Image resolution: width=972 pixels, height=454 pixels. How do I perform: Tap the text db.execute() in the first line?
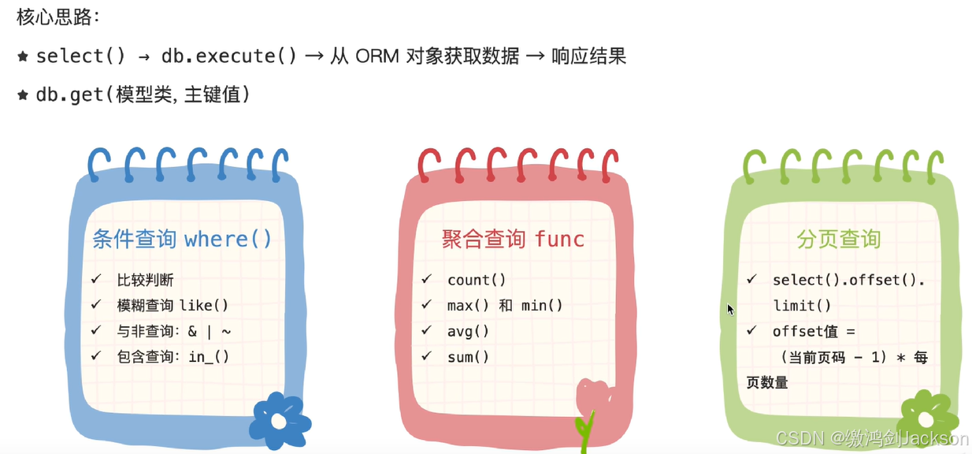228,56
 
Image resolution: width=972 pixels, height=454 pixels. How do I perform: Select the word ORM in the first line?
377,56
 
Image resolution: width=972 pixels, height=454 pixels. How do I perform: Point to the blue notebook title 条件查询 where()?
182,239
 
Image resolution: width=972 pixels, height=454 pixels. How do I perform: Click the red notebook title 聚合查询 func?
513,239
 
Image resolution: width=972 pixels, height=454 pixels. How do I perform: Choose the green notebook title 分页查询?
838,239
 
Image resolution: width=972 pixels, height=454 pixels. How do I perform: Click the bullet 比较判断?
145,280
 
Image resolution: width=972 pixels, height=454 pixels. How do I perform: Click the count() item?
477,280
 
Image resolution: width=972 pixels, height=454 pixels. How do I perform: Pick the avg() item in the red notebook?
468,331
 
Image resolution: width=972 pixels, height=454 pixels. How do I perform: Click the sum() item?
468,357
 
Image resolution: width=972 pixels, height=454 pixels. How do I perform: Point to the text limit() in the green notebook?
802,306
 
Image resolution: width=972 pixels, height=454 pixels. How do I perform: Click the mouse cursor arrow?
730,309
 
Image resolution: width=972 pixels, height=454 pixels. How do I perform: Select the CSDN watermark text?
872,438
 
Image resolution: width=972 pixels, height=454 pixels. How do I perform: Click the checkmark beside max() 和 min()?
426,305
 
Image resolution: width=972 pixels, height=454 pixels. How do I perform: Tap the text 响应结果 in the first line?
588,56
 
